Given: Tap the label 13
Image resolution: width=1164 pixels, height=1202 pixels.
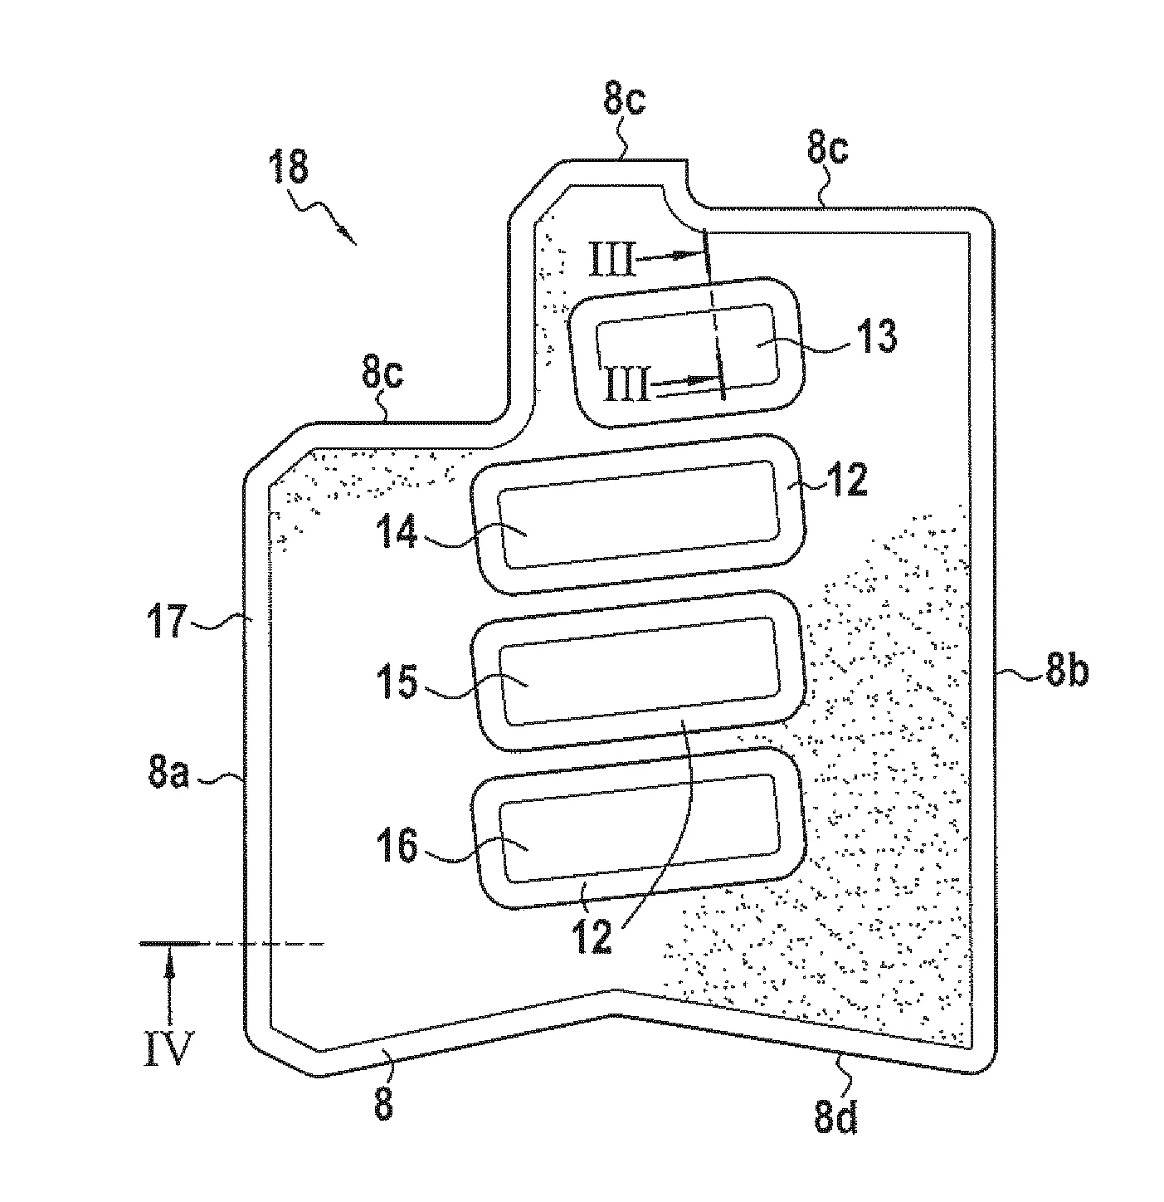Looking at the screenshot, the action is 876,336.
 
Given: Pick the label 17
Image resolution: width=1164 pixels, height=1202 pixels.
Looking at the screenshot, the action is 167,621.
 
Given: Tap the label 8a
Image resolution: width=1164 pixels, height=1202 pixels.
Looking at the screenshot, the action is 169,772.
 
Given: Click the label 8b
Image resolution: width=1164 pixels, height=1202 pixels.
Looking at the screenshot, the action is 1067,669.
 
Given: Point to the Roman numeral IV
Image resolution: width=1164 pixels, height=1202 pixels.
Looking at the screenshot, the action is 168,1048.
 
